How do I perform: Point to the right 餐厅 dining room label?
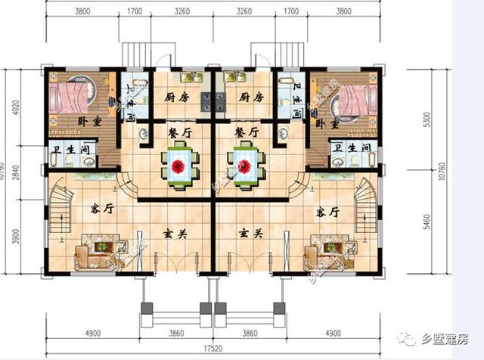247,132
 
